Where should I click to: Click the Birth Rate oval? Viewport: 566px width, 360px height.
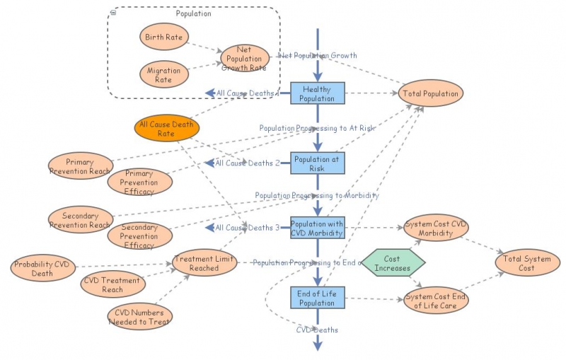click(x=163, y=37)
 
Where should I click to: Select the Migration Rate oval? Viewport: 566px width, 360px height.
click(x=163, y=75)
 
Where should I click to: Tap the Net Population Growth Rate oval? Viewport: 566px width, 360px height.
click(x=244, y=59)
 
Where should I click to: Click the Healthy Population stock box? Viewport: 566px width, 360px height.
click(x=317, y=93)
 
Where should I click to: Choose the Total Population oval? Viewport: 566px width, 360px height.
click(x=430, y=93)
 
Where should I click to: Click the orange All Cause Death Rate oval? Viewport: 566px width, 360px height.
click(x=166, y=128)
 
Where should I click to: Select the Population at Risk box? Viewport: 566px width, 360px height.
click(x=317, y=163)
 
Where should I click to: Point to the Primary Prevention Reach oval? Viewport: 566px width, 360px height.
click(x=80, y=166)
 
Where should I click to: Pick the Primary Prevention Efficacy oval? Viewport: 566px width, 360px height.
click(x=140, y=182)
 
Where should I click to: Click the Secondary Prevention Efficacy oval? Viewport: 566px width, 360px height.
click(x=139, y=236)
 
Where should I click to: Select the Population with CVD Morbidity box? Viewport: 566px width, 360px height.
click(x=317, y=228)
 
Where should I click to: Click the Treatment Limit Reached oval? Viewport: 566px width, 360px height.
click(x=204, y=263)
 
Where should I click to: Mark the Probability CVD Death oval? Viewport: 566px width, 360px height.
click(x=42, y=269)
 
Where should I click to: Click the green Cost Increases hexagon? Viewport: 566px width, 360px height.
click(x=393, y=263)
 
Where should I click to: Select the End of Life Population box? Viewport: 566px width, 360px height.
click(x=317, y=298)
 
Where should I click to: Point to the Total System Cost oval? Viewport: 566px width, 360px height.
click(x=527, y=263)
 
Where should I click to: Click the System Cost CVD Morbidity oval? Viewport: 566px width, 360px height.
click(x=436, y=228)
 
